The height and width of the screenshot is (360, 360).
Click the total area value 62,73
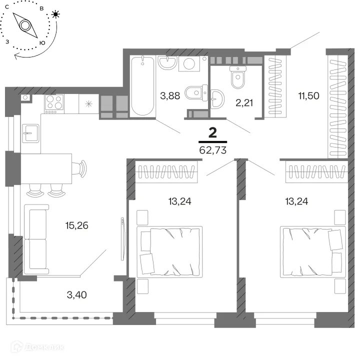213,150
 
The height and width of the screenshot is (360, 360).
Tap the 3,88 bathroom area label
170,95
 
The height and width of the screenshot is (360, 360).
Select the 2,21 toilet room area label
244,103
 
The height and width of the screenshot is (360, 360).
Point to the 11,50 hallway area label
308,95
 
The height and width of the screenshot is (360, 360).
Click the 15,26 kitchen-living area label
76,225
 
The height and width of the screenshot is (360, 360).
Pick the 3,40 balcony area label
76,295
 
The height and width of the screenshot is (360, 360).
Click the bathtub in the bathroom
142,86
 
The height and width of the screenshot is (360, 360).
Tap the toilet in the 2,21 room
238,77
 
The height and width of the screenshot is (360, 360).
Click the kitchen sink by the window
30,133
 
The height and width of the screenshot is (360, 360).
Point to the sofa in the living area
36,239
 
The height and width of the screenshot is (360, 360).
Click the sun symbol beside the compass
55,14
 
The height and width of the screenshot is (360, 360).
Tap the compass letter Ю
42,43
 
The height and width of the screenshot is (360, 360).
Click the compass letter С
7,7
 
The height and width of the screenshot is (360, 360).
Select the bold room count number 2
213,132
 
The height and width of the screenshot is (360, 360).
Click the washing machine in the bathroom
189,63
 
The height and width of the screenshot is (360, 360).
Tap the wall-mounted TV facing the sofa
122,239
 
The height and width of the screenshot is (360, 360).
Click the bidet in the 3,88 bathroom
196,92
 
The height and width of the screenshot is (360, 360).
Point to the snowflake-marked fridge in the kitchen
89,104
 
